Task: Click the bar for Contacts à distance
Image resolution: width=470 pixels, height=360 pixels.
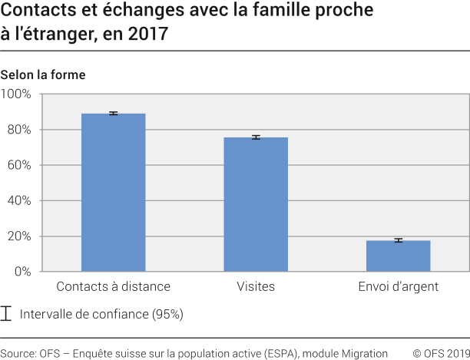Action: (113, 193)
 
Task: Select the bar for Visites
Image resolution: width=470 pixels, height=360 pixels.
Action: (256, 204)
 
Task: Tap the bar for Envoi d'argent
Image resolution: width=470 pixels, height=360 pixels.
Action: (398, 256)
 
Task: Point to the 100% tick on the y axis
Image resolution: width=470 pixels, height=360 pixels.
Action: (16, 94)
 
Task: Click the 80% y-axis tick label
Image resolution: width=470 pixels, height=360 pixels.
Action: (18, 130)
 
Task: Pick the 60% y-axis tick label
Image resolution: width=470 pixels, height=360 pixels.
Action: (18, 165)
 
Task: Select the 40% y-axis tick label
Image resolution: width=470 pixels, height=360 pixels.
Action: (18, 200)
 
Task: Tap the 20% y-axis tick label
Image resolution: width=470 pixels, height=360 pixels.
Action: (18, 236)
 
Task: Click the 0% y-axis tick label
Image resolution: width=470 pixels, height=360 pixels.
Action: (22, 272)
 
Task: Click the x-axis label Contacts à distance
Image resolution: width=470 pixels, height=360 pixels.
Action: (114, 287)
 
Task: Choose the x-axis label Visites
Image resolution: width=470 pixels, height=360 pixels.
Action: (256, 287)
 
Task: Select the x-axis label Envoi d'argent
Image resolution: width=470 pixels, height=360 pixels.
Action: (398, 287)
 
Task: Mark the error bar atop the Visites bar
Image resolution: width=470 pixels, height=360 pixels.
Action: (256, 137)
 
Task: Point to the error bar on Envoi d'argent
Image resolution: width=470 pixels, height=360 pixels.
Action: (398, 240)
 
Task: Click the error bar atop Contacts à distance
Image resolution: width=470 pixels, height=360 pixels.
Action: (113, 114)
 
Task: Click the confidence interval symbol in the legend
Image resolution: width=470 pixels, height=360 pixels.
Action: (7, 314)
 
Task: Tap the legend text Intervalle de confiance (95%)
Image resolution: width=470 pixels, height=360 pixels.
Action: (101, 314)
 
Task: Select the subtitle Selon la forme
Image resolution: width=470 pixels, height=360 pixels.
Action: (43, 75)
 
